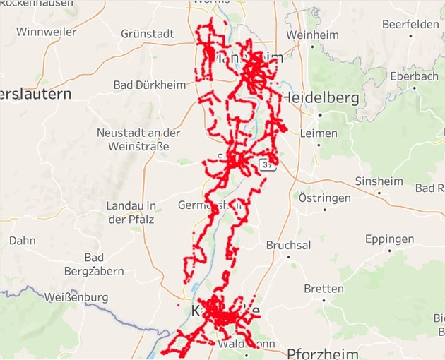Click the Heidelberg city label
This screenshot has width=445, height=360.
321,98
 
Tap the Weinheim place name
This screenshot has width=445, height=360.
312,35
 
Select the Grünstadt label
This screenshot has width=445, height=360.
147,33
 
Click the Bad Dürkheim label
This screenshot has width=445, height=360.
150,85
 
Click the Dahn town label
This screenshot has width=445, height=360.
22,241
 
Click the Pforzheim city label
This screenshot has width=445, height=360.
323,353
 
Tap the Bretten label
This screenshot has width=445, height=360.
324,289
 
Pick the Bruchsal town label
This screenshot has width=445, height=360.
288,245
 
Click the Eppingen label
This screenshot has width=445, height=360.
390,239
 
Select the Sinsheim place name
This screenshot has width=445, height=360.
379,181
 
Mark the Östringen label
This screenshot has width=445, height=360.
324,198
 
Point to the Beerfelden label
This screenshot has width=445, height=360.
410,24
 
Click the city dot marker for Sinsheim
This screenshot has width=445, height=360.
379,193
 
